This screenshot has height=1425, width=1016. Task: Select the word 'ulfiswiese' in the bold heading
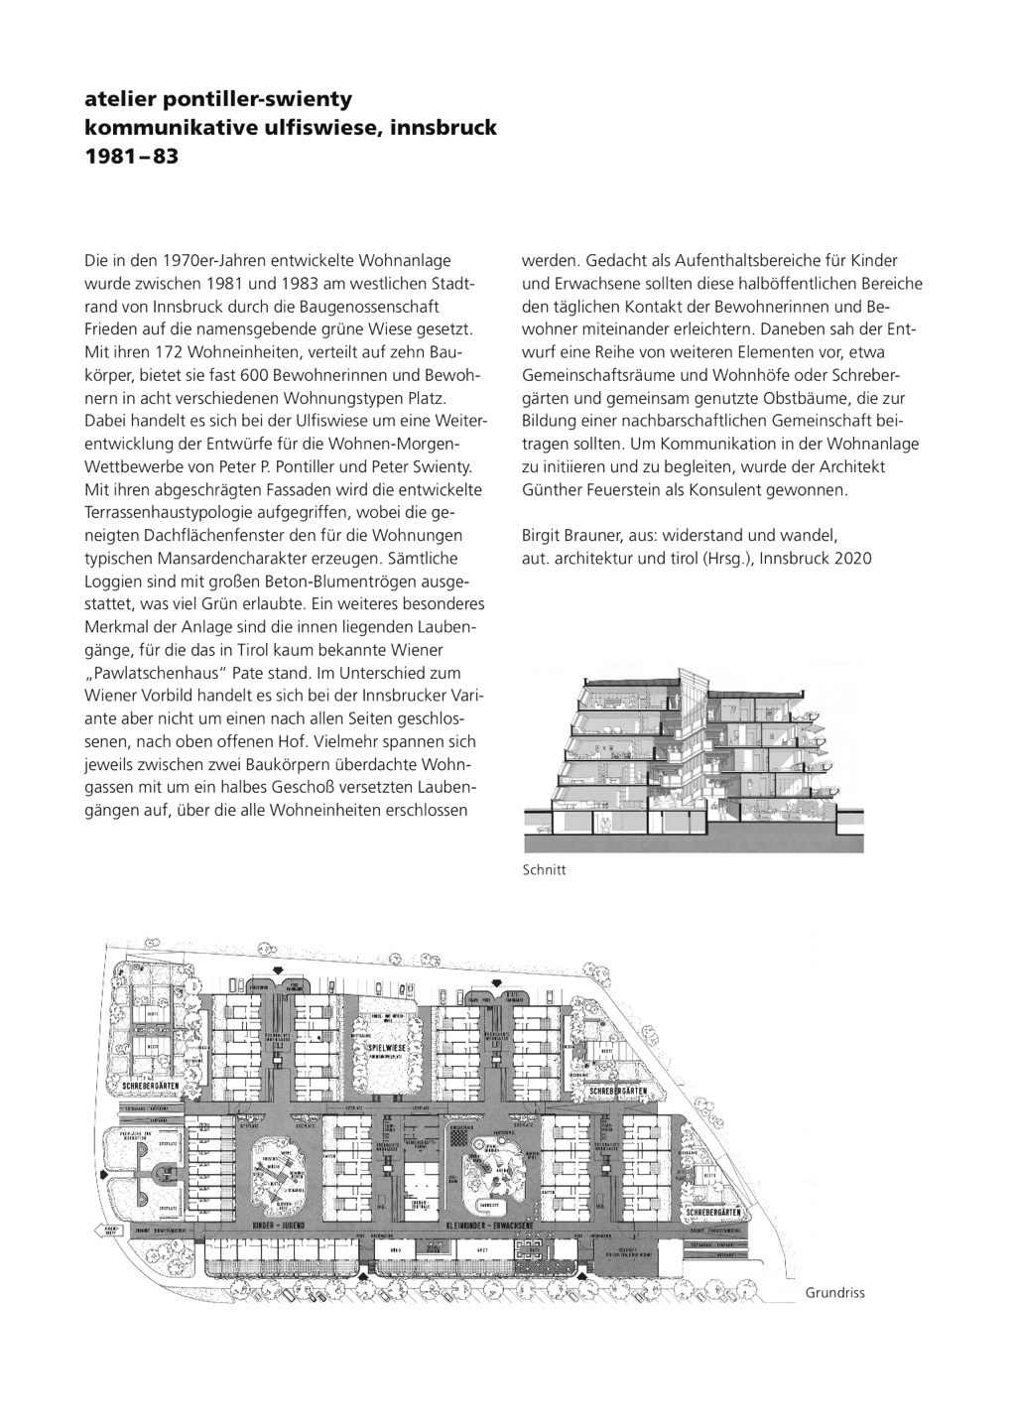coord(295,128)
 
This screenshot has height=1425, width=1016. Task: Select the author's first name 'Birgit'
coord(541,536)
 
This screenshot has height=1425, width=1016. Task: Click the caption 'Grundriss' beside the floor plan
coord(834,1292)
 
